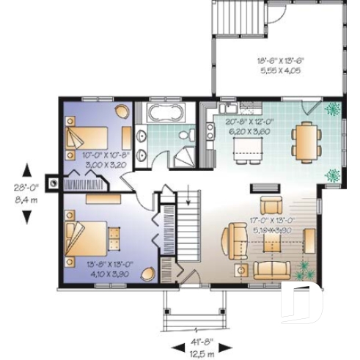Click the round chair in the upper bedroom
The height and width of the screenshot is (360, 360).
(x=122, y=111)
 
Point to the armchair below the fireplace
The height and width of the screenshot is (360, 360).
(x=272, y=205)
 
